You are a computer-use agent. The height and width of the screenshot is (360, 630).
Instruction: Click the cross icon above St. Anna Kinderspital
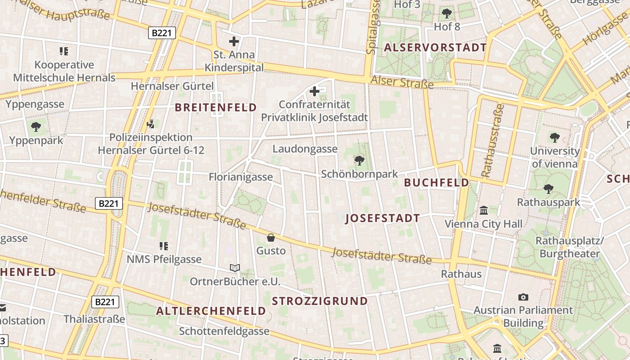pos(234,42)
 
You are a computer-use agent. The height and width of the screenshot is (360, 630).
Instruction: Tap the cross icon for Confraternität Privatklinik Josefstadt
pos(315,92)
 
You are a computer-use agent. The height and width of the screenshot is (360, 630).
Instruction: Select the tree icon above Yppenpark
pos(36,127)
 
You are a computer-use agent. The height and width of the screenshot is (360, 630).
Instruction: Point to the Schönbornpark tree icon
pos(359,160)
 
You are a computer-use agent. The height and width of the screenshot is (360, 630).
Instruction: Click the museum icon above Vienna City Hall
pos(484,210)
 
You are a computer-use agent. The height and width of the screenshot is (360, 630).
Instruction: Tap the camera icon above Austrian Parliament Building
pos(523,297)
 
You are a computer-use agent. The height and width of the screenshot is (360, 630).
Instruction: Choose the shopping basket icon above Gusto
pos(271,237)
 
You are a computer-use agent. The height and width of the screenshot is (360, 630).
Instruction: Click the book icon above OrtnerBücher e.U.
pos(234,268)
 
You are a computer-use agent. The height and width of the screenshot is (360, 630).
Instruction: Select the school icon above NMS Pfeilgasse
pos(164,246)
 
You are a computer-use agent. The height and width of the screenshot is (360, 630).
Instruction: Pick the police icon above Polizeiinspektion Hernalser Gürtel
pos(151,123)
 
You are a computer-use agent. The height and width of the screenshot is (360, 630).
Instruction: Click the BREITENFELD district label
pos(216,108)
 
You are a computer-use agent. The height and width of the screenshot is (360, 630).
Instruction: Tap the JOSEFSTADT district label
pos(382,219)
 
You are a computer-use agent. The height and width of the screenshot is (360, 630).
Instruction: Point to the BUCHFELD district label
pos(436,182)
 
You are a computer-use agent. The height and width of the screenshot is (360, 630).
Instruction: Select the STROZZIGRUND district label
pos(320,301)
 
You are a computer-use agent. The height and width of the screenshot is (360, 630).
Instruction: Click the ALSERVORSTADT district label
pos(435,48)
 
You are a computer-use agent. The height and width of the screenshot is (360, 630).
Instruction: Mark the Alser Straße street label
pos(402,82)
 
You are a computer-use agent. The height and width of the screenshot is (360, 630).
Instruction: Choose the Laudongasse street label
pos(305,149)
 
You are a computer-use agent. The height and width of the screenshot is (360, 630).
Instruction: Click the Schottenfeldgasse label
pos(224,332)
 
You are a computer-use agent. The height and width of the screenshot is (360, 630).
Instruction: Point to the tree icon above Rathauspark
pos(549,189)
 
